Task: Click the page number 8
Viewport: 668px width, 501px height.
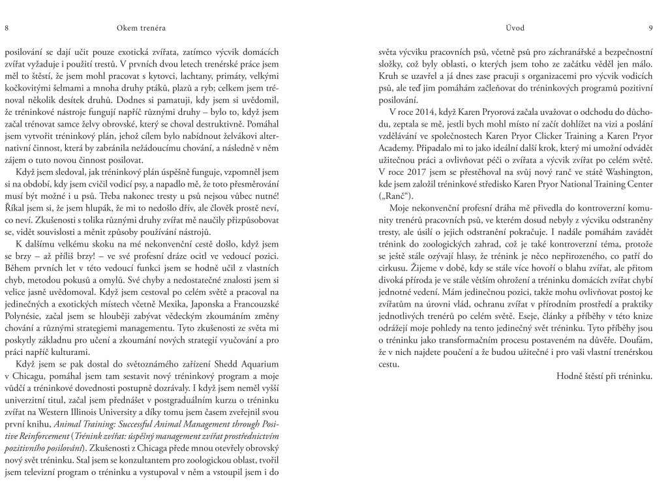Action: click(7, 27)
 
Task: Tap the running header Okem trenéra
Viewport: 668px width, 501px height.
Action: click(138, 27)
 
